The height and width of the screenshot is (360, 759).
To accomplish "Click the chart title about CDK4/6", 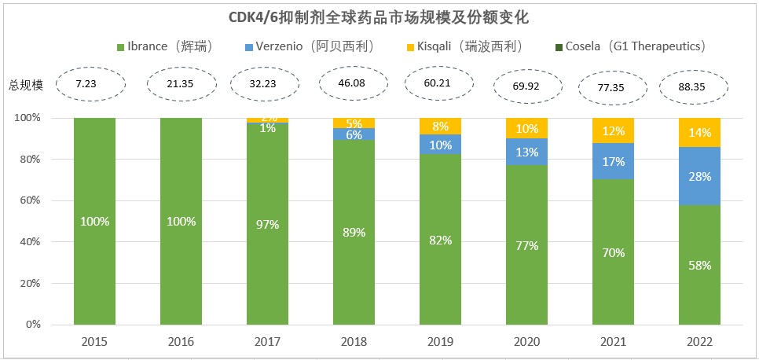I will click(379, 16).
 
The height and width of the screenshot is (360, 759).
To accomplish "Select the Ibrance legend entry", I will click(164, 46).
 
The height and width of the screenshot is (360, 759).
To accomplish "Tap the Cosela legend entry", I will click(629, 46).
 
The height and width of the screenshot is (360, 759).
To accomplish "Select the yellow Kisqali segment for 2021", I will click(613, 130).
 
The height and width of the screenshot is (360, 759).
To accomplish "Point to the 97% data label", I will click(267, 225).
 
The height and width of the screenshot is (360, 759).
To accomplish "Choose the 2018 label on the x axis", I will click(354, 343).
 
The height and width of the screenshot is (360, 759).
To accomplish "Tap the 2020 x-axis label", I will click(526, 343).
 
